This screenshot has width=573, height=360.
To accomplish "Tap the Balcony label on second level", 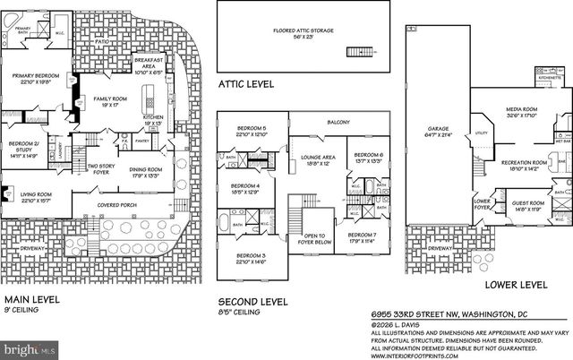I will (338, 123).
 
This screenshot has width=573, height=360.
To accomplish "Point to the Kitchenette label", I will (549, 78).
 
